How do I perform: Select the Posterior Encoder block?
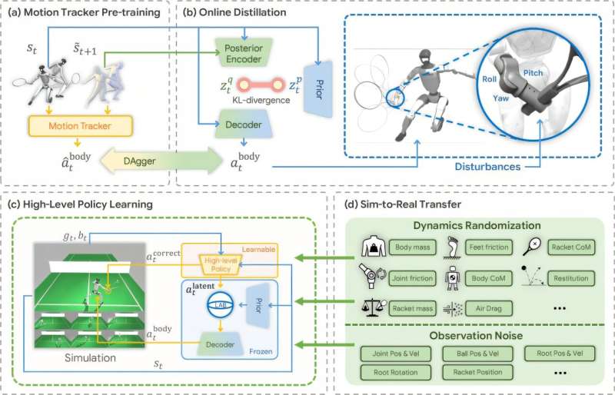244,51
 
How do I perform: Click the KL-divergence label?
244,101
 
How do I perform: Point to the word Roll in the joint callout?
490,79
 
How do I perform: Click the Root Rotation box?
397,372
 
